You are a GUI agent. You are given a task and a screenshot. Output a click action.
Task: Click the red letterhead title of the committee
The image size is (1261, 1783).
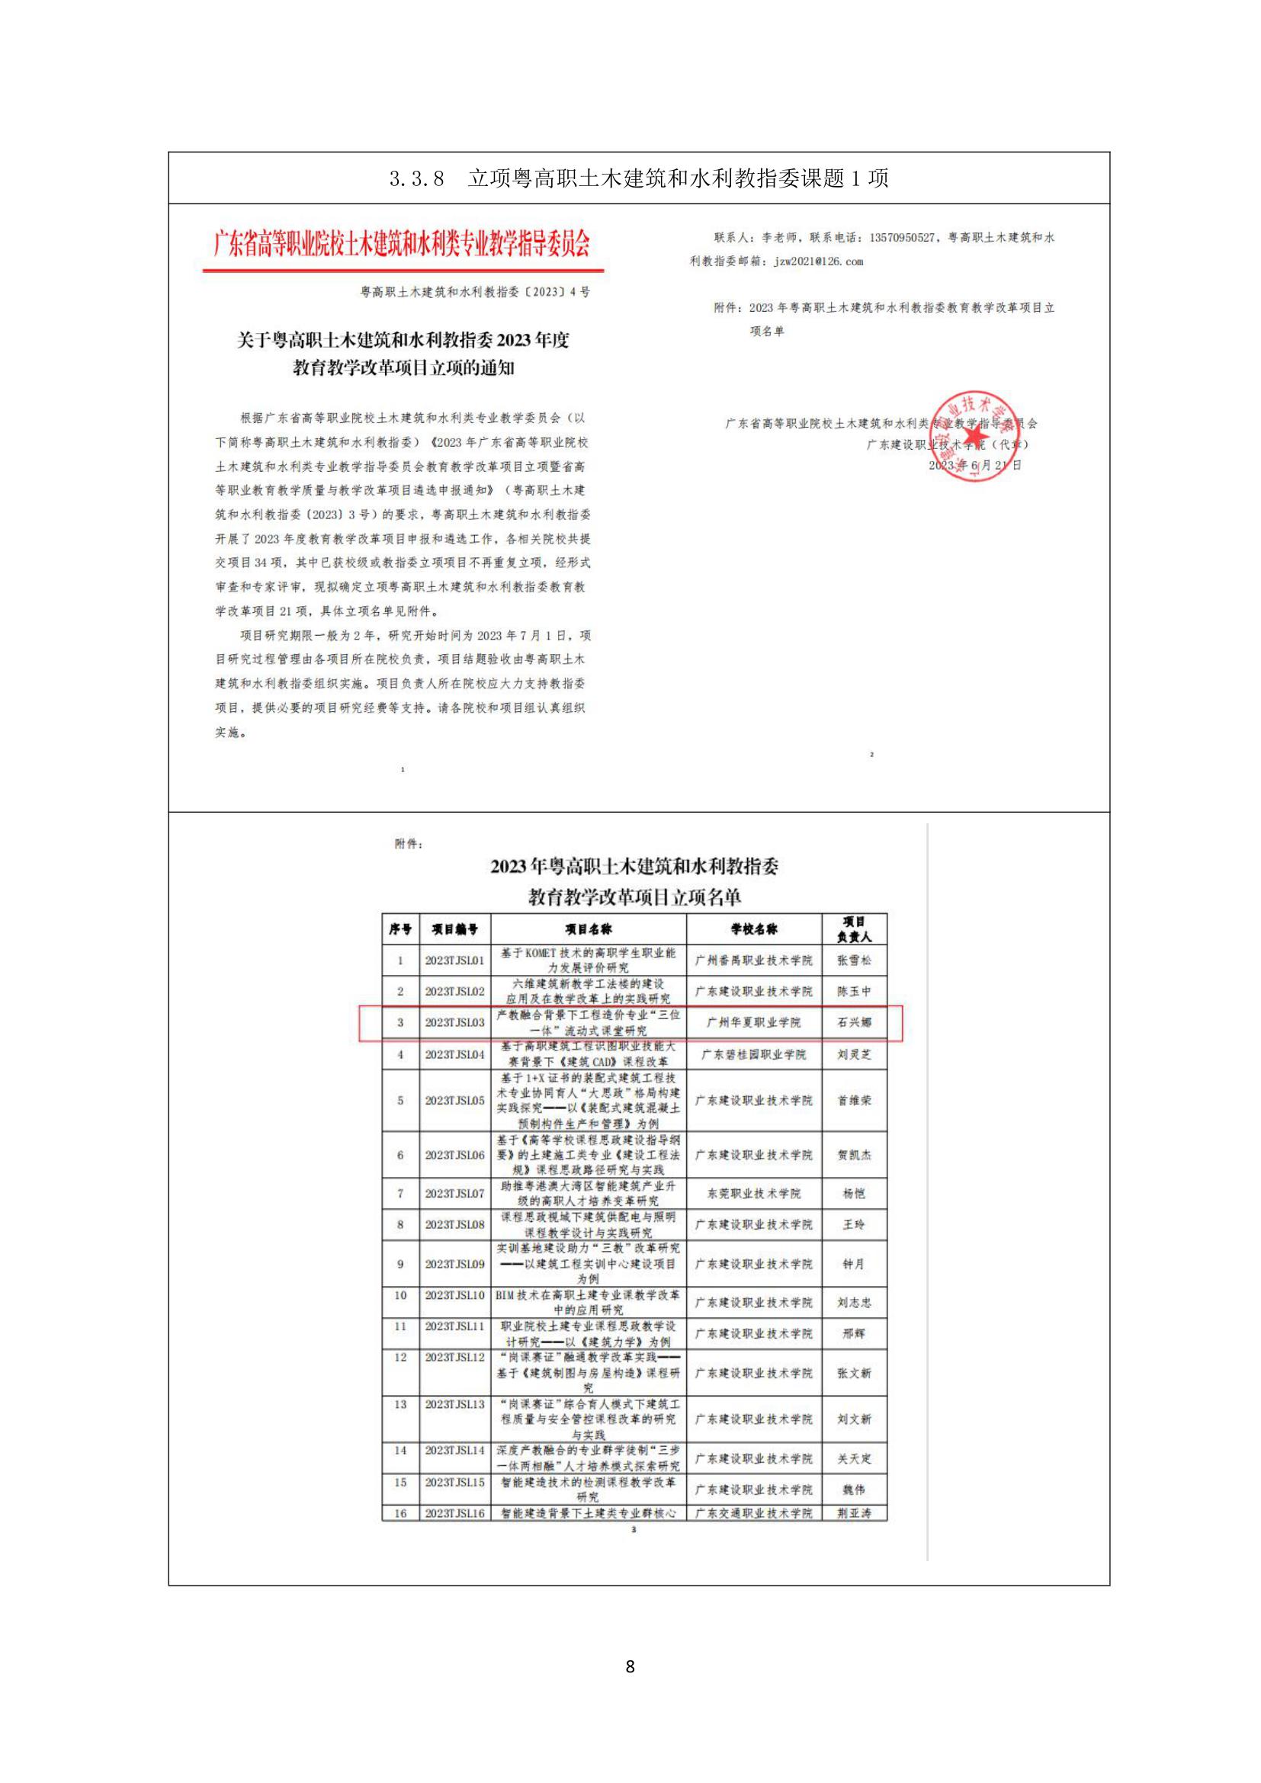click(403, 244)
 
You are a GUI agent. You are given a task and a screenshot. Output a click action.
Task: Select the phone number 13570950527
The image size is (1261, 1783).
click(902, 238)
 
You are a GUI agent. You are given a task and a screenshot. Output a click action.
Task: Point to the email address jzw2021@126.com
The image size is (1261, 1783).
click(818, 261)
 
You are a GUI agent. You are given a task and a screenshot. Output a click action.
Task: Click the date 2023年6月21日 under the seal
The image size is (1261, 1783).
click(974, 465)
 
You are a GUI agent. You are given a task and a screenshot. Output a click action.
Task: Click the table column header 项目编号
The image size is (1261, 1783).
click(455, 928)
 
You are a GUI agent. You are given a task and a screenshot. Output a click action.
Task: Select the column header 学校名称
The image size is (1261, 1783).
click(753, 928)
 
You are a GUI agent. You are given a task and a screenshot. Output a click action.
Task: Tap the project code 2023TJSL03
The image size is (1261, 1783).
click(454, 1023)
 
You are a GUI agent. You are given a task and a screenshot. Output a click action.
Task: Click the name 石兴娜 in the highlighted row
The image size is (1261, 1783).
click(853, 1023)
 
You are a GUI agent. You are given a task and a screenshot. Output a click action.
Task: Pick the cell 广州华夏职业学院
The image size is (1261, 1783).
click(753, 1023)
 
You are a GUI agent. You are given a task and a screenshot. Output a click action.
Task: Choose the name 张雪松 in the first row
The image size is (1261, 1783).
click(853, 960)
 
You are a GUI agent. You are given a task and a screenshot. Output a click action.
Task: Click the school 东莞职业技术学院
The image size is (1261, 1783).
click(753, 1194)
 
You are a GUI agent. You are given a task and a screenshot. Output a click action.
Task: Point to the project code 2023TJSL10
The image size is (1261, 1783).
click(454, 1295)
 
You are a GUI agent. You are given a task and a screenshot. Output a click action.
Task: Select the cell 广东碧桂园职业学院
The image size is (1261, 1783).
click(753, 1054)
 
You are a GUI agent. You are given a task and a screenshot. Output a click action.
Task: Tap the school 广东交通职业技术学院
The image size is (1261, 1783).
click(753, 1514)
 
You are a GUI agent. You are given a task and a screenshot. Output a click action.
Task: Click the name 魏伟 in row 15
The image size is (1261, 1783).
click(853, 1490)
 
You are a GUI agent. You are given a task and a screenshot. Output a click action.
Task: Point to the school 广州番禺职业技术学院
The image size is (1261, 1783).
click(753, 960)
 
